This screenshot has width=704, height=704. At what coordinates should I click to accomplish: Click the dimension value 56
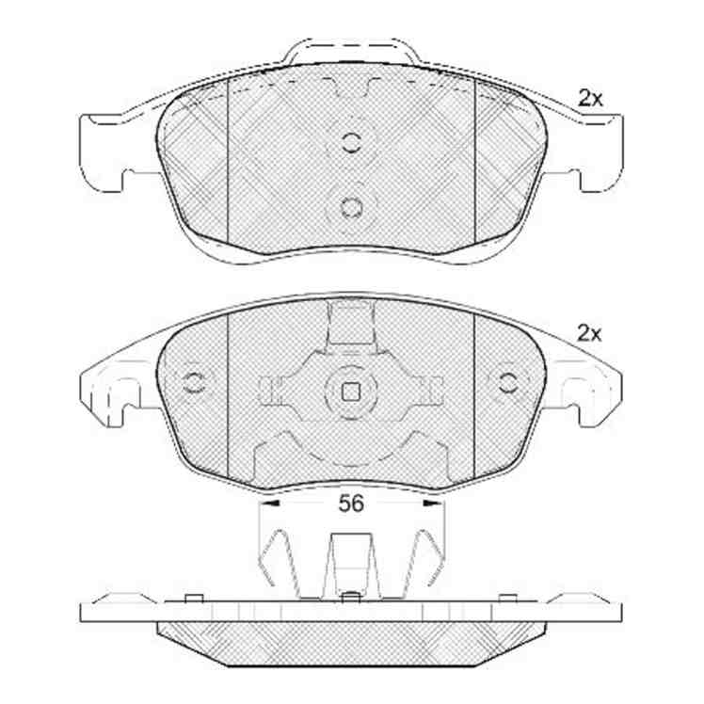pyautogui.click(x=351, y=504)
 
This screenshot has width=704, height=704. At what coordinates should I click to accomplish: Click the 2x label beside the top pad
pyautogui.click(x=590, y=98)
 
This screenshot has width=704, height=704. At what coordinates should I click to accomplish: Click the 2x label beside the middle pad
pyautogui.click(x=589, y=333)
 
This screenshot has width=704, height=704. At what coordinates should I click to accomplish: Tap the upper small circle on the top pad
pyautogui.click(x=351, y=142)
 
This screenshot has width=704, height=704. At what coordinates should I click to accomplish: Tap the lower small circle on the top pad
pyautogui.click(x=351, y=208)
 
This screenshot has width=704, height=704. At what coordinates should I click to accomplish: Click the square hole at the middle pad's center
pyautogui.click(x=351, y=392)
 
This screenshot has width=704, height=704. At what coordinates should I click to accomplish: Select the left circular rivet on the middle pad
pyautogui.click(x=195, y=382)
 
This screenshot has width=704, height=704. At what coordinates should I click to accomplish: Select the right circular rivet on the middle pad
pyautogui.click(x=508, y=382)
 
